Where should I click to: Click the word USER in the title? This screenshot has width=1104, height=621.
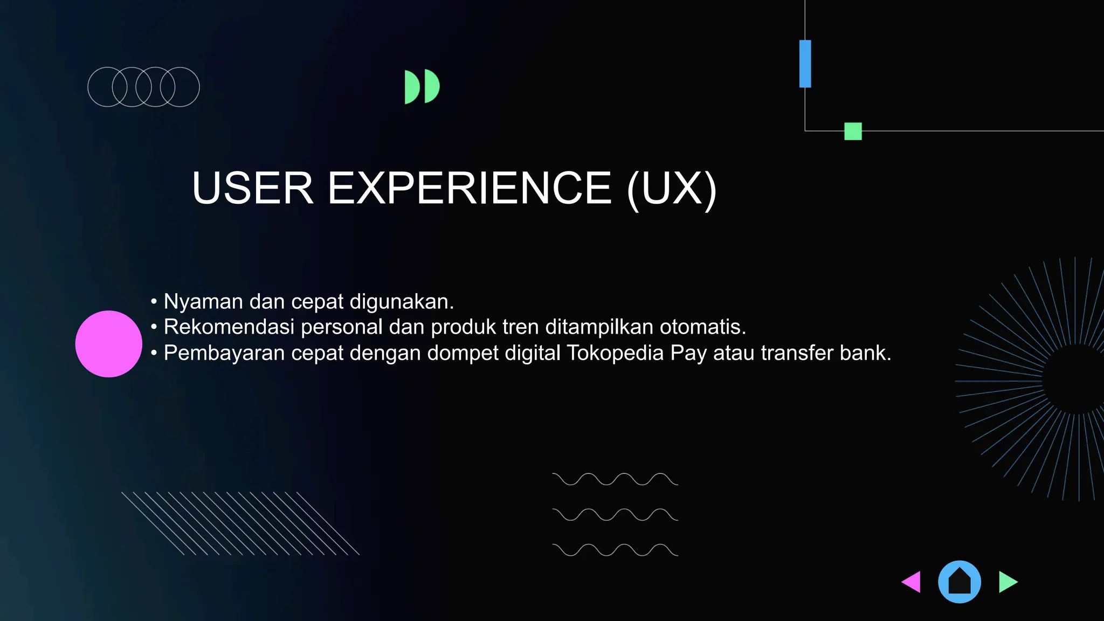pos(252,188)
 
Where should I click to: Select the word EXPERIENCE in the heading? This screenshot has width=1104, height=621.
pos(470,188)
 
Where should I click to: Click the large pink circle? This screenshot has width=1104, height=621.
pos(108,344)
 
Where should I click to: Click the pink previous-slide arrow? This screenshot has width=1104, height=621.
pos(912,582)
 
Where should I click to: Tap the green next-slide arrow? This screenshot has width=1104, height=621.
pos(1007,582)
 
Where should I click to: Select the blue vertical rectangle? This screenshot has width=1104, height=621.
pos(805,64)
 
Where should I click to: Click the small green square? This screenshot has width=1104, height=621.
pos(853,131)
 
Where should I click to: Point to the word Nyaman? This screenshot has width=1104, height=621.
pos(203,302)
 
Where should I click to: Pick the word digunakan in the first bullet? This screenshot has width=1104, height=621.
pos(401,302)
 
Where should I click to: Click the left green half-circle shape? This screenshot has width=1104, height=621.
pos(411,87)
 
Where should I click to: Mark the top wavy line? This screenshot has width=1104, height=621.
pos(615,479)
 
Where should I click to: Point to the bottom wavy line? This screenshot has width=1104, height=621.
pos(615,550)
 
